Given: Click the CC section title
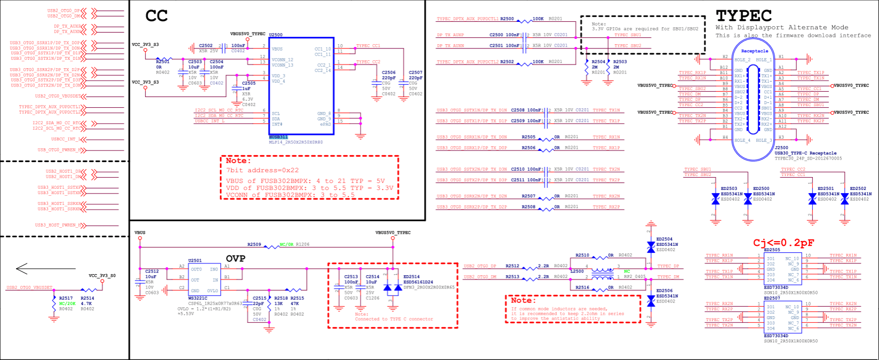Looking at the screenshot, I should [x=156, y=16].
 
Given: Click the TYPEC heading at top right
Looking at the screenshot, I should [x=744, y=15].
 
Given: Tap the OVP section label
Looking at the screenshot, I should [x=235, y=259].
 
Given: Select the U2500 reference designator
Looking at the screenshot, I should [x=276, y=35].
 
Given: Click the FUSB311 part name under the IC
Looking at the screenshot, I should [x=278, y=137].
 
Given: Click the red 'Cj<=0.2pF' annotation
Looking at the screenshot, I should [x=784, y=243].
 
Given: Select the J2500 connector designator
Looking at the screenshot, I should [x=781, y=148].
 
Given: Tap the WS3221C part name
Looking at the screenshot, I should [x=198, y=298].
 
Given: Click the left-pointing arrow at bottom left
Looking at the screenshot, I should [x=29, y=268].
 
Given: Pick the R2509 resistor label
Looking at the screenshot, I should [x=254, y=244].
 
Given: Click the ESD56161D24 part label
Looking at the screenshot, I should [x=418, y=282].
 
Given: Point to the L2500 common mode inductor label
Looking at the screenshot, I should [x=577, y=271].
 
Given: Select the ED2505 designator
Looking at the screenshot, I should [x=772, y=250].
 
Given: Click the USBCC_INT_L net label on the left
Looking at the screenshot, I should [x=65, y=139].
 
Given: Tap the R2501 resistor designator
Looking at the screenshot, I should [x=163, y=62].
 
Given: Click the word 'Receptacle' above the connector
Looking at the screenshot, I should [x=755, y=51].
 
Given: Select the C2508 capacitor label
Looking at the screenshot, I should [x=518, y=110].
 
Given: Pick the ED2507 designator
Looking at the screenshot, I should [x=772, y=298].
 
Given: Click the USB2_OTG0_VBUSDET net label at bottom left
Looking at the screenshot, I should [x=29, y=287].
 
